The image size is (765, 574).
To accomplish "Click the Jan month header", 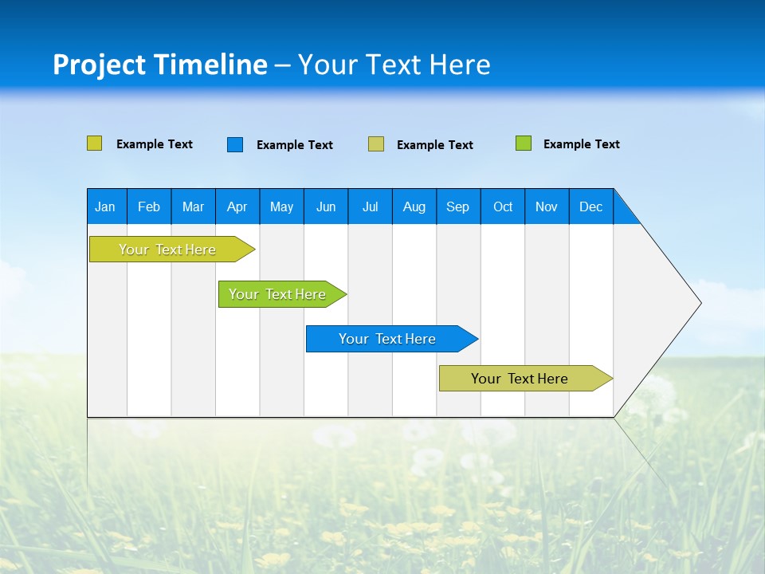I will click(106, 206).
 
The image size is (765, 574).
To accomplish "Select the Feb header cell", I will click(149, 206).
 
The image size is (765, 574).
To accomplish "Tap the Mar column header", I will click(193, 206).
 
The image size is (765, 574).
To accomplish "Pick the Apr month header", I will click(237, 206).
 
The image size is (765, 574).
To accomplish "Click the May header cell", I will click(281, 206).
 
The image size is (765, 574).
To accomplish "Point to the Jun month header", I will click(326, 206).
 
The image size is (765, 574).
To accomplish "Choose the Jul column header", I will click(370, 206).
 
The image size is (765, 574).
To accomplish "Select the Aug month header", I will click(414, 206).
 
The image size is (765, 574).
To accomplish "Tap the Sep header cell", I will click(458, 206).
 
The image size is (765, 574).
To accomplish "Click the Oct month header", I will click(503, 206).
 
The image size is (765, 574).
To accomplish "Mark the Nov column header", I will click(547, 206).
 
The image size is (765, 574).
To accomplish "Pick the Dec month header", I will click(591, 206).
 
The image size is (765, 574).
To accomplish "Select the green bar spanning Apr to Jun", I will click(278, 294).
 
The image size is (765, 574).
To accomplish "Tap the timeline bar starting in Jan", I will click(168, 250).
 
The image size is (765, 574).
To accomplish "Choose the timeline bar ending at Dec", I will click(520, 379).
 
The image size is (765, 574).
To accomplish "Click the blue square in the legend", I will click(235, 144).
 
